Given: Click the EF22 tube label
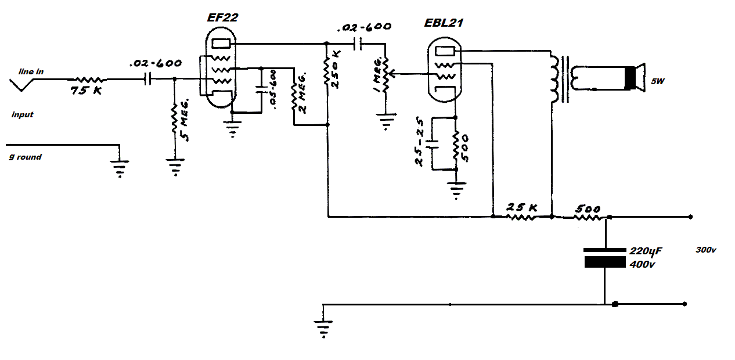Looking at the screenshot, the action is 222,17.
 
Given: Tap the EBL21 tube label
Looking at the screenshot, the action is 444,23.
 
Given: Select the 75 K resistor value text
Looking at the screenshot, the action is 87,90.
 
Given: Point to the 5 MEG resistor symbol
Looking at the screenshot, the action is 174,119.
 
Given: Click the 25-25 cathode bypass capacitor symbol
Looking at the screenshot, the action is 432,144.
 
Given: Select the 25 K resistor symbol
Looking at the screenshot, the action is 521,217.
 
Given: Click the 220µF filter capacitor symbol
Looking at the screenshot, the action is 605,258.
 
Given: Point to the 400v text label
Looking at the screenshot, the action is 642,264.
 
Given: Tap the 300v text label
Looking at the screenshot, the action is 706,250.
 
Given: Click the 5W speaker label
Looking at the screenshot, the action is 658,81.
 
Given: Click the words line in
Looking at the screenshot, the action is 31,71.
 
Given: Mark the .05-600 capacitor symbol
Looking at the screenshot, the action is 261,89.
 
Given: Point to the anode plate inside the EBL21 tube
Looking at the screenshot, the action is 445,51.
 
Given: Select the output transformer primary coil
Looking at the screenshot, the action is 554,79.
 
